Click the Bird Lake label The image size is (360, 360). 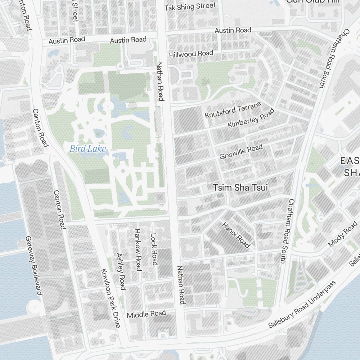(x=88, y=148)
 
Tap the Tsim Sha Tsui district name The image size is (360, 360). (x=240, y=188)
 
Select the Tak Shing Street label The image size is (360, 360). (x=190, y=6)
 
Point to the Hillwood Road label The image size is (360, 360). (x=191, y=54)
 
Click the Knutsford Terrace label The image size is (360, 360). (x=233, y=109)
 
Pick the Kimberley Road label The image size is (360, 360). (x=251, y=119)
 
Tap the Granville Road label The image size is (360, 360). (x=241, y=152)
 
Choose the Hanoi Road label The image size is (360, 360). (x=236, y=235)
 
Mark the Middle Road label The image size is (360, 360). (x=146, y=314)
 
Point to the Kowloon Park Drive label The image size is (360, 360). (x=110, y=298)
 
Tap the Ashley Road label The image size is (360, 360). (x=121, y=271)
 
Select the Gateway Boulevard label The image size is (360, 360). (x=34, y=266)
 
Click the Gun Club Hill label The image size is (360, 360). (x=312, y=1)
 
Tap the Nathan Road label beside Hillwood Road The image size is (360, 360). (x=160, y=81)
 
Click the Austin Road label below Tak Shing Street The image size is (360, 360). (x=233, y=30)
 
